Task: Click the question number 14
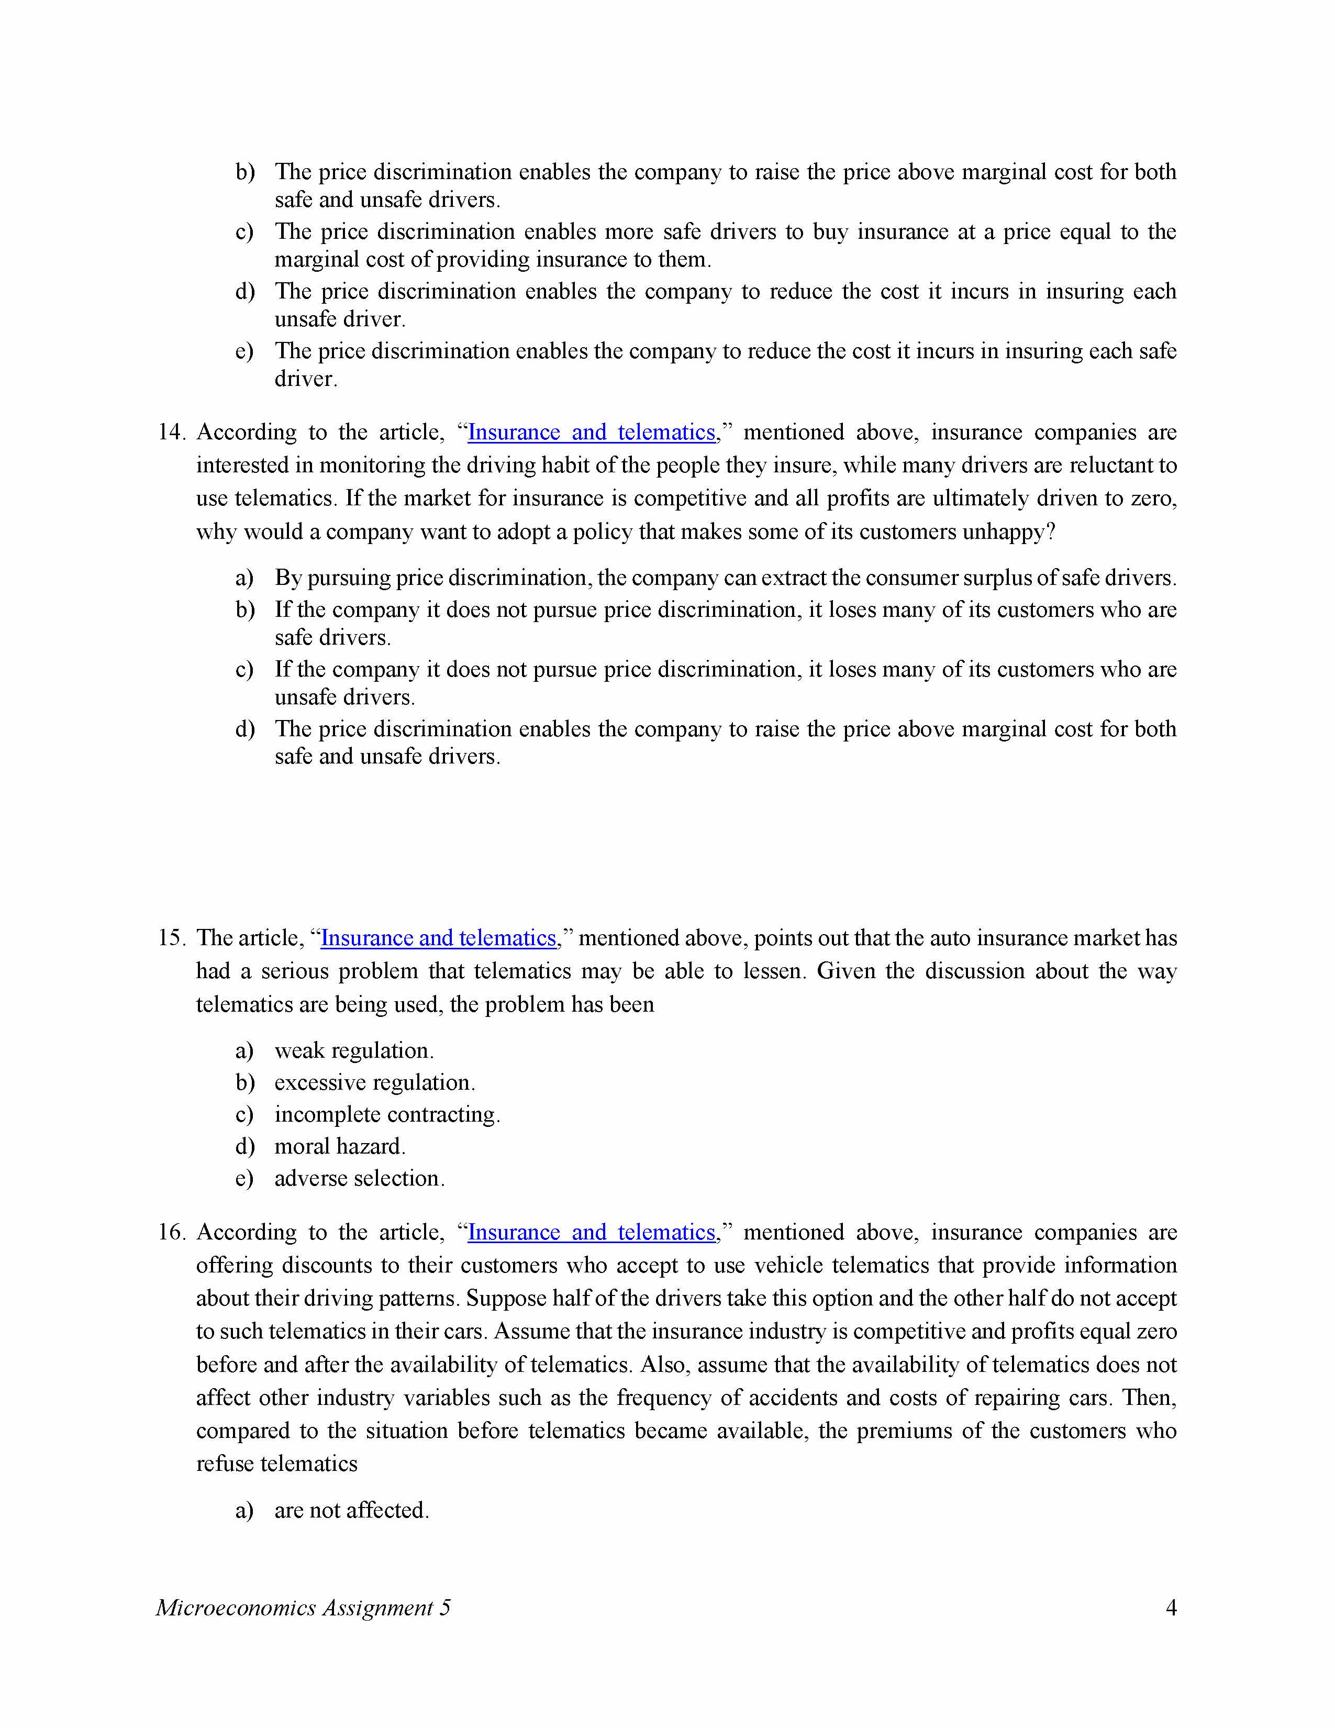(x=171, y=432)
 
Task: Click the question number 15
(x=171, y=938)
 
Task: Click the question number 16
(x=171, y=1232)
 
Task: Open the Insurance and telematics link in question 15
(x=439, y=938)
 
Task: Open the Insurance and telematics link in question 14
(x=592, y=432)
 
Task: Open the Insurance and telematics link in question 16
(x=592, y=1232)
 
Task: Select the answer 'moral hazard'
(x=339, y=1146)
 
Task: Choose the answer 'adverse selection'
(x=359, y=1178)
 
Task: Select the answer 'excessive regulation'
(x=374, y=1082)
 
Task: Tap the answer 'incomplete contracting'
(x=387, y=1114)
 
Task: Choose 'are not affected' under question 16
(x=351, y=1510)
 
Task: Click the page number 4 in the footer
(x=1171, y=1608)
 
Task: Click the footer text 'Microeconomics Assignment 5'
(x=303, y=1608)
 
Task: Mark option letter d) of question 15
(x=244, y=1146)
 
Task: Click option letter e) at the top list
(x=244, y=351)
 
